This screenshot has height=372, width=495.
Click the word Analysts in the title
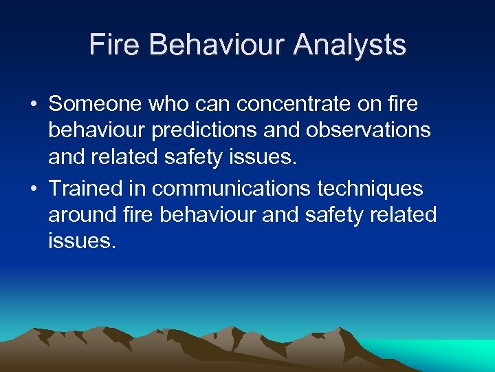tap(349, 45)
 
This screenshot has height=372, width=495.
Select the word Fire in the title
tap(115, 45)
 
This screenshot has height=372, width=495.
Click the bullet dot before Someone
tap(34, 105)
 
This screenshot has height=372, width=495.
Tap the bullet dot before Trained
tap(34, 189)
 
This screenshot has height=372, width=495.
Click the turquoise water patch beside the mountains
tap(454, 353)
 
